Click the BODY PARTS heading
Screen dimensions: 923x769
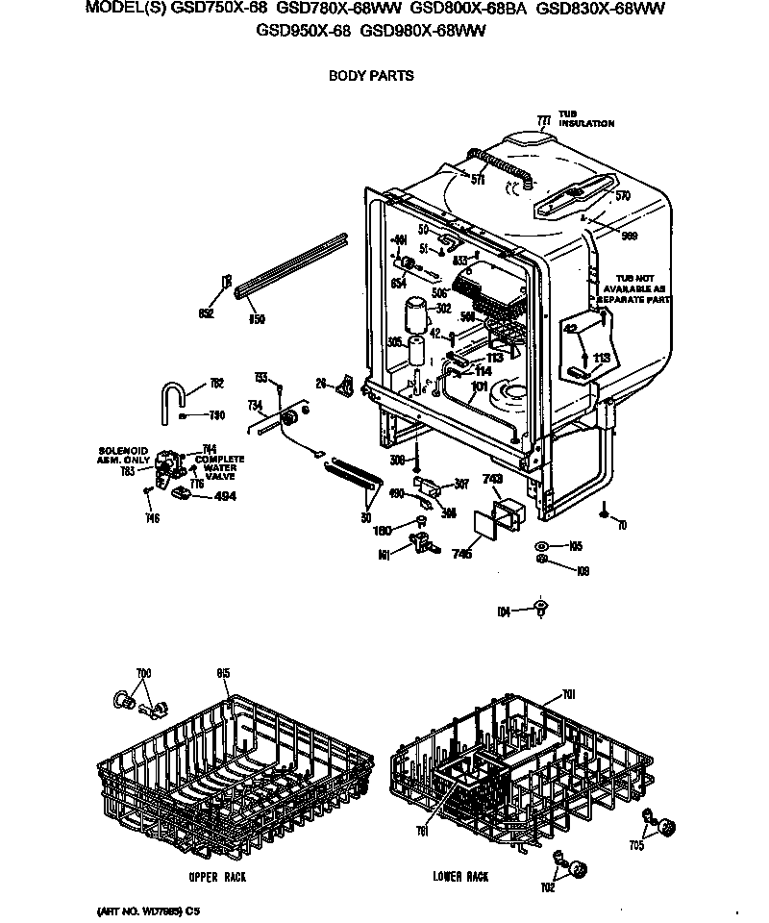(x=371, y=76)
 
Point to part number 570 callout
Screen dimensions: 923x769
(x=622, y=196)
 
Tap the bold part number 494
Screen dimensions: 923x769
(x=224, y=496)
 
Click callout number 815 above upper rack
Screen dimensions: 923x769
(x=223, y=673)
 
